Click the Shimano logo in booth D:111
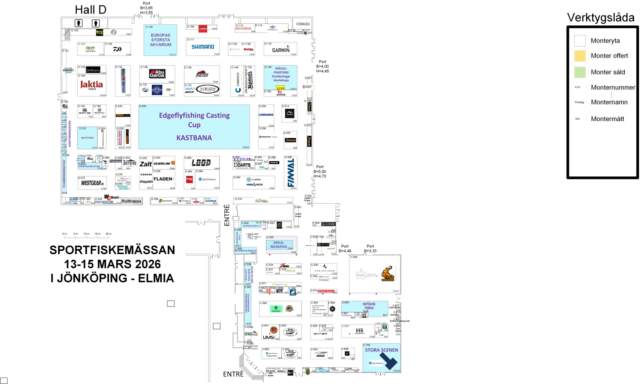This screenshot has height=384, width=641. (x=203, y=47)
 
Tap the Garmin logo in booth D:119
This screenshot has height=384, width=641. (x=281, y=50)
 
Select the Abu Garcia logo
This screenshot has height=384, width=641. (x=157, y=74)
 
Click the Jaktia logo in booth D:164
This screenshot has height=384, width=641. (x=91, y=85)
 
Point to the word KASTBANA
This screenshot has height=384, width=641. (x=194, y=138)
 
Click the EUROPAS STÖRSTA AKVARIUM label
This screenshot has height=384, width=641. (x=161, y=40)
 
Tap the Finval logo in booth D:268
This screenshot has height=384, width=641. (x=291, y=172)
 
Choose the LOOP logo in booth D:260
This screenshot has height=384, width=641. (x=201, y=163)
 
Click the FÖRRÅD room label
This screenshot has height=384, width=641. (x=303, y=24)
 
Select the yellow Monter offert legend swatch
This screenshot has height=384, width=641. (x=580, y=56)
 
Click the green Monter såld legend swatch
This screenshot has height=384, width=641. (x=580, y=72)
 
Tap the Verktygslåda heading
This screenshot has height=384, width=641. (x=601, y=18)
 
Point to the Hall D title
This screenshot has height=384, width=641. (x=90, y=10)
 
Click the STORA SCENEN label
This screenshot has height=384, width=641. (x=381, y=350)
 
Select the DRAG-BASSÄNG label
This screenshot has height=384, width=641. (x=279, y=245)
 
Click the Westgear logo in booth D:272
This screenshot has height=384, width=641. (x=92, y=183)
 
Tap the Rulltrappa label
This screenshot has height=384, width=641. (x=132, y=201)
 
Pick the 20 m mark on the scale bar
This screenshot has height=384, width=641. (x=109, y=234)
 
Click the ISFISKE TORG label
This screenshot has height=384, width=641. (x=369, y=306)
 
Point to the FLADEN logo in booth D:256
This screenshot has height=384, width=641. (x=163, y=179)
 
